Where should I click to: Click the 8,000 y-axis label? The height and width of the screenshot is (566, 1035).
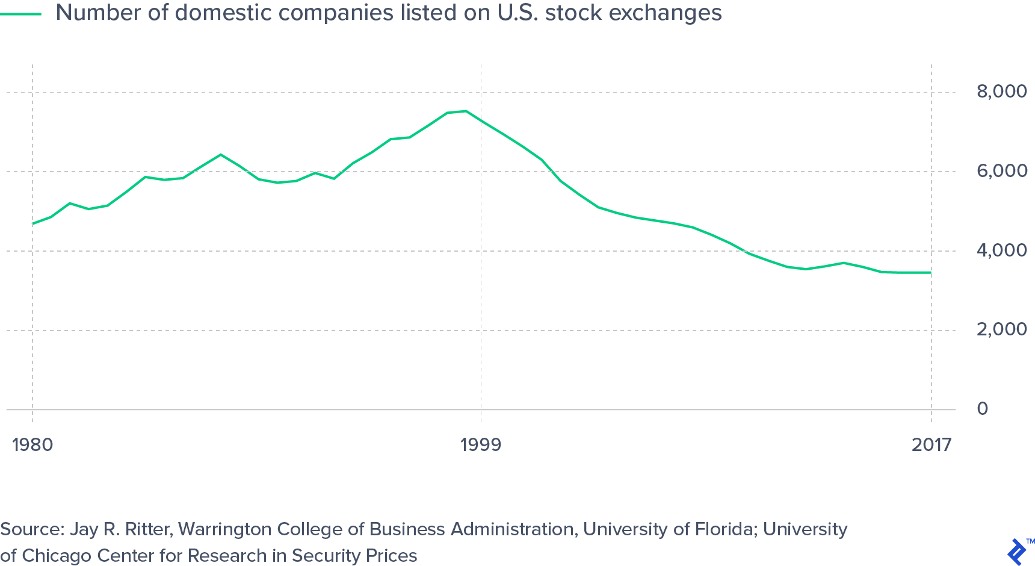[x=1001, y=92]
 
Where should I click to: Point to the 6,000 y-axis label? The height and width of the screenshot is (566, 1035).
[x=1001, y=171]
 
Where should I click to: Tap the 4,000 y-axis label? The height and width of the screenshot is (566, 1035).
[x=1001, y=250]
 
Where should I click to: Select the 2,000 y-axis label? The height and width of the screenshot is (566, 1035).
[x=1001, y=329]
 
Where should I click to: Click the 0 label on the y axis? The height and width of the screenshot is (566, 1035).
[x=983, y=409]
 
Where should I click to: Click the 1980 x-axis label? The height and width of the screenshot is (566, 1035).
[x=32, y=445]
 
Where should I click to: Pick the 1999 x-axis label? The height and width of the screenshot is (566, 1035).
[x=480, y=445]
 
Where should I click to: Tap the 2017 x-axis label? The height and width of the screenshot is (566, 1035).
[x=931, y=445]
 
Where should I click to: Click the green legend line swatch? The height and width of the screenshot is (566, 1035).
[x=20, y=13]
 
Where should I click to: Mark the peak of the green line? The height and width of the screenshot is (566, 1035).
[x=466, y=111]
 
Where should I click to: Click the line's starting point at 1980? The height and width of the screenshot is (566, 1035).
[x=32, y=223]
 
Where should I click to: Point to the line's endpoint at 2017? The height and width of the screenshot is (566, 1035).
[x=931, y=273]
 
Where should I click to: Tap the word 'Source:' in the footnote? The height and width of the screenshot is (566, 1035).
[x=32, y=529]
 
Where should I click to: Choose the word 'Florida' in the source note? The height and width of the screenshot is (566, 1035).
[x=724, y=529]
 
